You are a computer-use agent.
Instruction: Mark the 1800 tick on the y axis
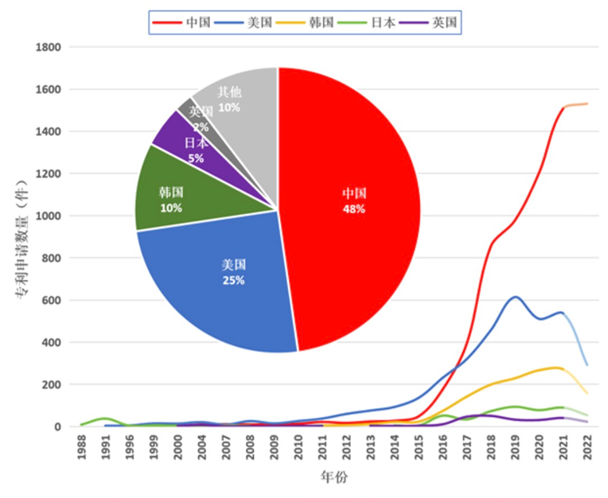(49, 47)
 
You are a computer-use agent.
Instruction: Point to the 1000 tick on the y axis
(49, 216)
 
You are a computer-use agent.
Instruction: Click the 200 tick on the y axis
(53, 385)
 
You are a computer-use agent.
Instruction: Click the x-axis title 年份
(334, 478)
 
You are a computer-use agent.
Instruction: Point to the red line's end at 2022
(587, 103)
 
